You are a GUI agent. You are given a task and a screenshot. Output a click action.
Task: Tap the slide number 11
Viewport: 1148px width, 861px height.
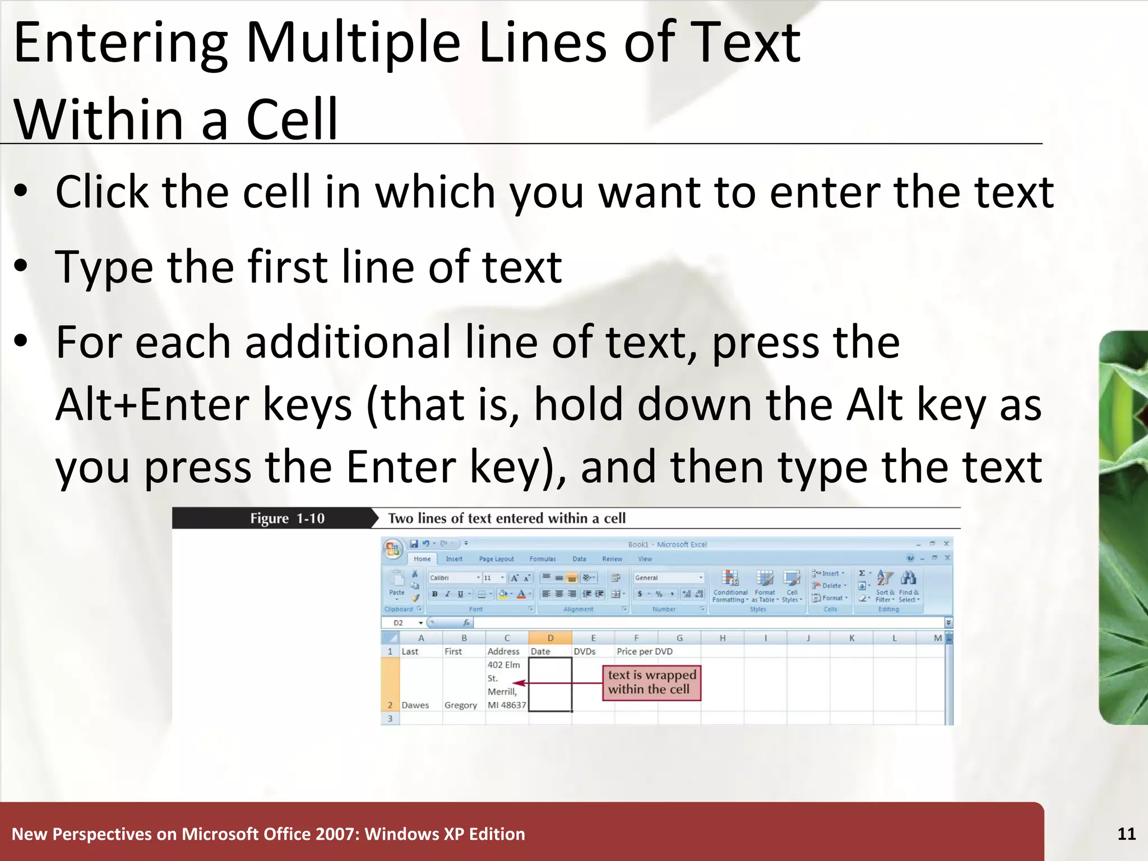(x=1126, y=834)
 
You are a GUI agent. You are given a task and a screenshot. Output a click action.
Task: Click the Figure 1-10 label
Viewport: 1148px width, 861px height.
(x=287, y=519)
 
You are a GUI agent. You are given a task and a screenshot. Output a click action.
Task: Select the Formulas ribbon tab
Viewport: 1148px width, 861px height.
(x=542, y=559)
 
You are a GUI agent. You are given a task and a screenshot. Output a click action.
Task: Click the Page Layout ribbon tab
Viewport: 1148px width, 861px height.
(x=496, y=559)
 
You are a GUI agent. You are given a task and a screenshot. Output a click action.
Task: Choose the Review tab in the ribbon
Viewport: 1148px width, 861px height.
(x=612, y=559)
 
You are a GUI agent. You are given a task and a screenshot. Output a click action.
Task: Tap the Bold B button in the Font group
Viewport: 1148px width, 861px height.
(x=434, y=594)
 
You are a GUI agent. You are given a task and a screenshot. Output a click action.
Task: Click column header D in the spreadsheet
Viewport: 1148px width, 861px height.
(x=550, y=638)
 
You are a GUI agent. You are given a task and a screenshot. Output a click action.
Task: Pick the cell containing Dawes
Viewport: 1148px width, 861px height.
(x=415, y=705)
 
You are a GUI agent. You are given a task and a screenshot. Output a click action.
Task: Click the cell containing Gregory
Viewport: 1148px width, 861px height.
(x=461, y=705)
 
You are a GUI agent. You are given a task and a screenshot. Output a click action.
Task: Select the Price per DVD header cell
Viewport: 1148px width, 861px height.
(x=644, y=651)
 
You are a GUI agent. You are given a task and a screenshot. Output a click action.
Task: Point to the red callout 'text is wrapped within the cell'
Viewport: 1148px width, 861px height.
(x=651, y=682)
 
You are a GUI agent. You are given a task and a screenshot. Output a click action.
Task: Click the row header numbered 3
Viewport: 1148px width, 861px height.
(x=390, y=719)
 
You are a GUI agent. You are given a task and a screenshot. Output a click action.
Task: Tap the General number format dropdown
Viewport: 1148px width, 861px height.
(x=668, y=577)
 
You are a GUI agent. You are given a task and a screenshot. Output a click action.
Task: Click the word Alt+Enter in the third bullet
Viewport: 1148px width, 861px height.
(x=152, y=405)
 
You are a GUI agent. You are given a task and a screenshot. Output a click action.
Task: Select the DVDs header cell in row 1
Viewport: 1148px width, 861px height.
(x=585, y=651)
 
